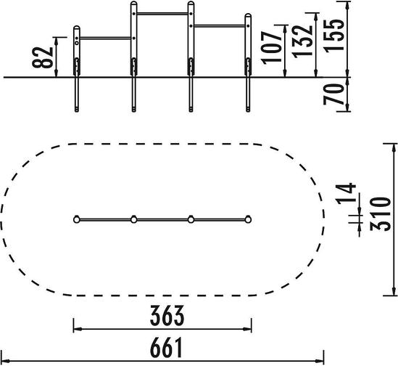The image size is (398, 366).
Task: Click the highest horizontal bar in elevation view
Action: pyautogui.click(x=162, y=14)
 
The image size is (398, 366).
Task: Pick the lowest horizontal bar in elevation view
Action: pyautogui.click(x=106, y=38)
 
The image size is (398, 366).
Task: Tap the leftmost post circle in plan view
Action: pyautogui.click(x=77, y=219)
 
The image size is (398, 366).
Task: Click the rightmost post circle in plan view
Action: pyautogui.click(x=248, y=219)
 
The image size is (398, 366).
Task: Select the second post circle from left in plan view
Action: pyautogui.click(x=134, y=219)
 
